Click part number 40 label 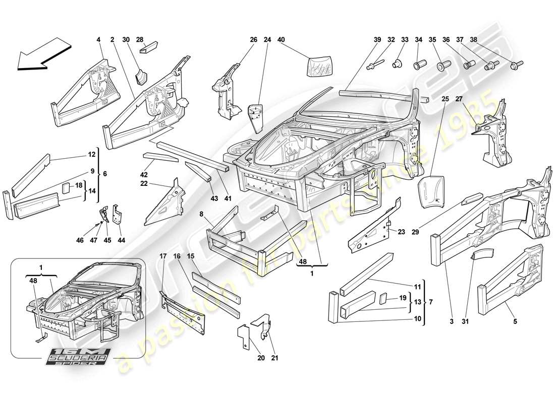pos(281,39)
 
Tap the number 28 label pos(140,39)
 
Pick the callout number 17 pos(163,256)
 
